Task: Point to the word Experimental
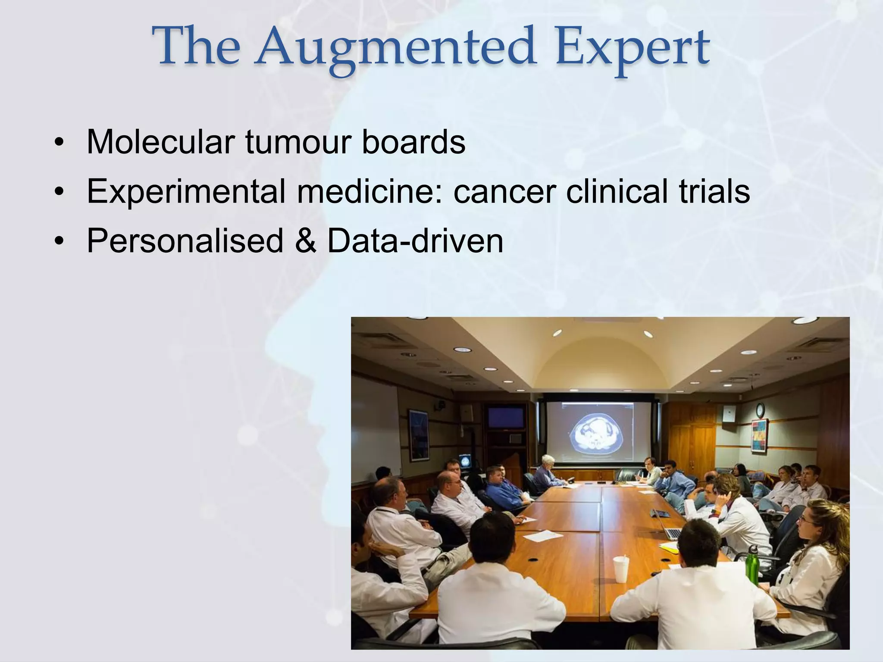[186, 191]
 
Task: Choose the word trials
[714, 191]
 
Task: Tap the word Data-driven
[415, 240]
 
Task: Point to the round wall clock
[760, 409]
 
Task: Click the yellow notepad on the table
[668, 546]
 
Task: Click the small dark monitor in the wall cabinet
[506, 417]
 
